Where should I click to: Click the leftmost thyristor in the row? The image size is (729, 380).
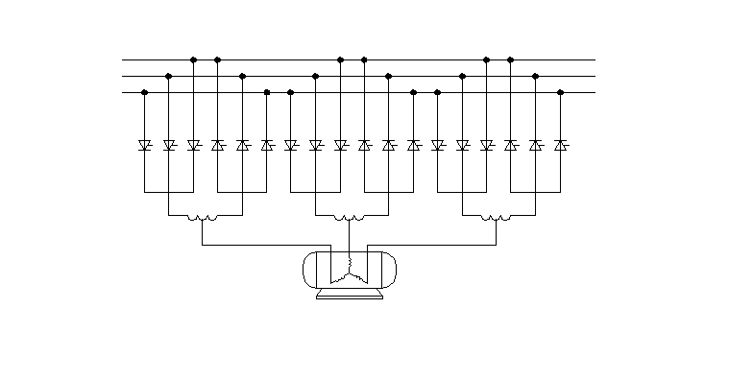145,146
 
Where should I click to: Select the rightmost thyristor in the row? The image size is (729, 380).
560,146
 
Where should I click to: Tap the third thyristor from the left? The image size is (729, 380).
193,146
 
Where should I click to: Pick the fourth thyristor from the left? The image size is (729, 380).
218,146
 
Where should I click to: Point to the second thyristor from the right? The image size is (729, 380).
536,146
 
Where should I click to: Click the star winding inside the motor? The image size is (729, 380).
350,268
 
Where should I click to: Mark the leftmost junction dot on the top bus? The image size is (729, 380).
194,59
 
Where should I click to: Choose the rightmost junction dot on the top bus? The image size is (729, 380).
511,59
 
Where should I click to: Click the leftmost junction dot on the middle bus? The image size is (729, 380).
169,76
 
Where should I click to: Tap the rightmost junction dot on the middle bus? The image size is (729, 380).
536,76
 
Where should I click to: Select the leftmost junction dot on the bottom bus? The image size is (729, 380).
145,92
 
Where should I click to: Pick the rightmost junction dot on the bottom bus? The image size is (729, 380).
560,92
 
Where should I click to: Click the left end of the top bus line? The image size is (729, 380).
124,59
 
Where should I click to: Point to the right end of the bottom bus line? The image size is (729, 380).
594,92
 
